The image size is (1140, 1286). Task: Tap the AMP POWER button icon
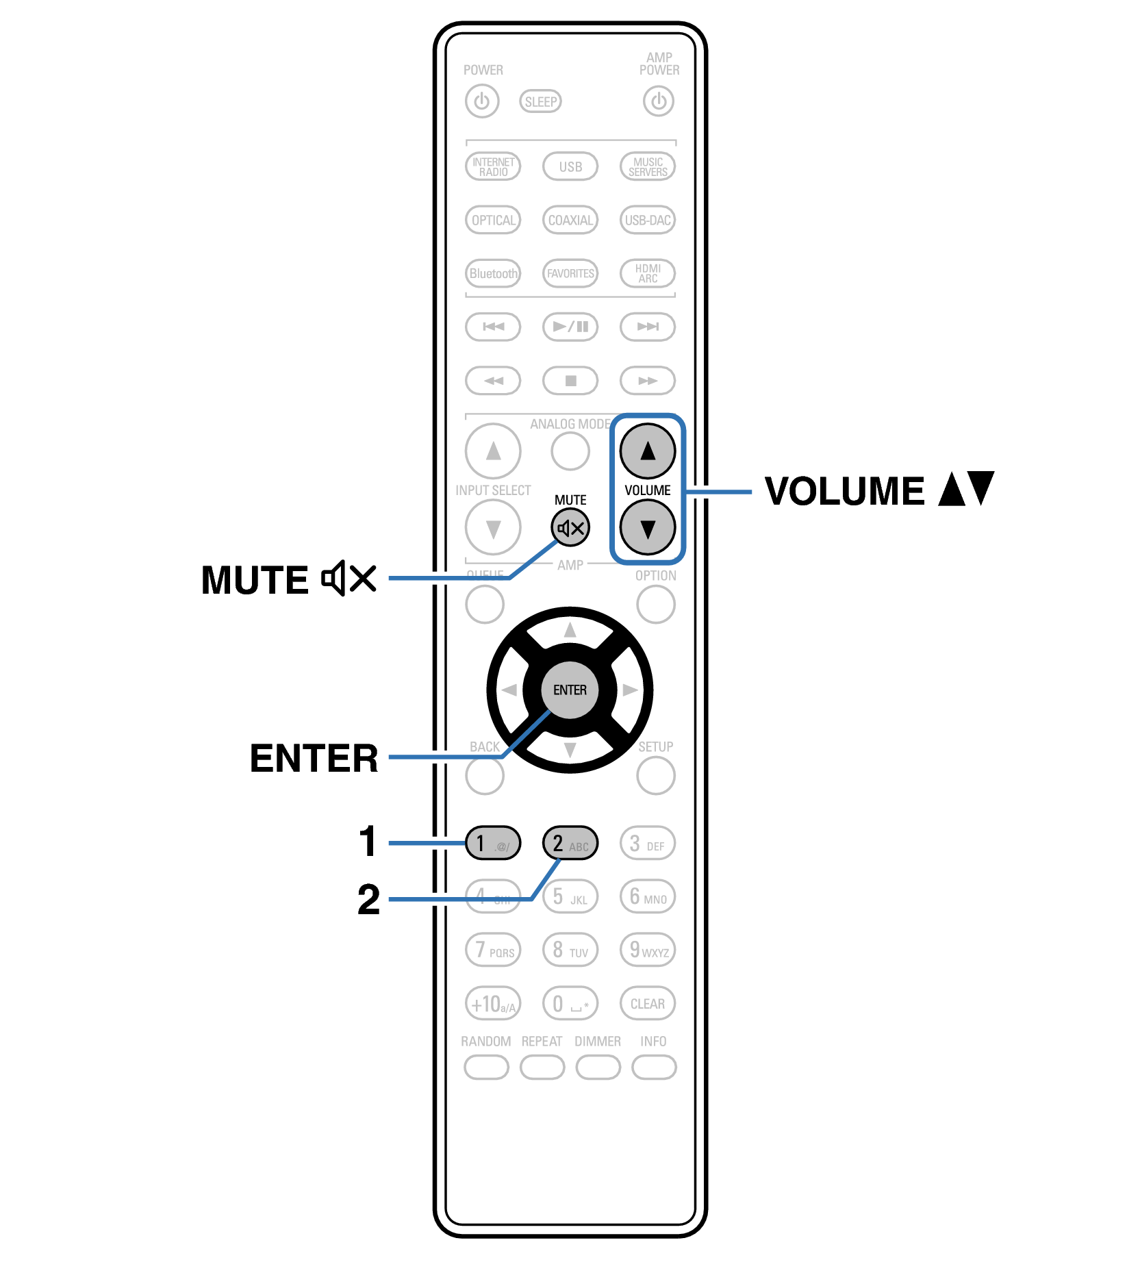coord(659,101)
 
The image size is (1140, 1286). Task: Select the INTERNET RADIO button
coord(493,166)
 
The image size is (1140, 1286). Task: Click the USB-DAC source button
coord(647,220)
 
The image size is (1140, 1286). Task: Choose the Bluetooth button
coord(493,273)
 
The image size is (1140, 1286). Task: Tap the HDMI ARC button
coord(647,273)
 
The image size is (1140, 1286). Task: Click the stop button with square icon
coord(570,381)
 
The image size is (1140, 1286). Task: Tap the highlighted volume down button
coord(647,528)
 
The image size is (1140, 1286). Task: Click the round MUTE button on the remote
coord(570,528)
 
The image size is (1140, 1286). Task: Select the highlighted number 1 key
coord(493,843)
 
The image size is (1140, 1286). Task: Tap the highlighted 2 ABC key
coord(570,843)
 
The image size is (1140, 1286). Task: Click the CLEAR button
coord(647,1004)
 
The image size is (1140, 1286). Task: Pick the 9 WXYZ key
coord(647,950)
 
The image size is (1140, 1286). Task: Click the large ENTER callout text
coord(314,758)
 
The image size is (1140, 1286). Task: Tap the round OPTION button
coord(655,605)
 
